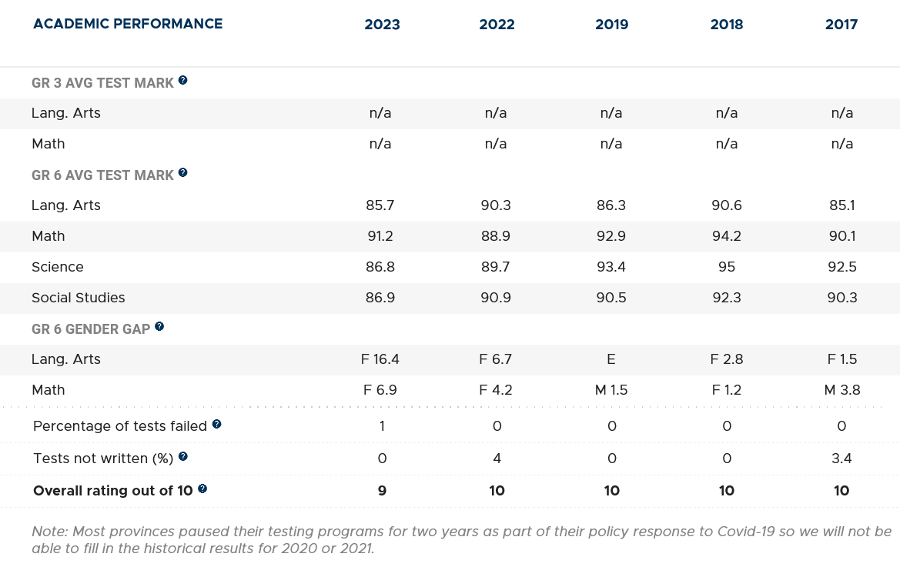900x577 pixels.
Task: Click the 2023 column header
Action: point(382,25)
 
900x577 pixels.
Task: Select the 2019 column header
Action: point(611,25)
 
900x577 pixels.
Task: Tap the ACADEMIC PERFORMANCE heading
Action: point(128,24)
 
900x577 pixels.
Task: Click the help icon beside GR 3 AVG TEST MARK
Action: point(183,80)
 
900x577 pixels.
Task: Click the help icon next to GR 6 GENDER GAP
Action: point(159,326)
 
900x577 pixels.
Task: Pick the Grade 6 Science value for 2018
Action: point(726,267)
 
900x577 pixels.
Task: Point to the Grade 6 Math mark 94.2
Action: point(726,236)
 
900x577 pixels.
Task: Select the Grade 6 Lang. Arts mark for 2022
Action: point(496,205)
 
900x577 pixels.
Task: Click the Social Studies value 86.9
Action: point(381,298)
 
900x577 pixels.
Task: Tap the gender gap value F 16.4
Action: point(381,359)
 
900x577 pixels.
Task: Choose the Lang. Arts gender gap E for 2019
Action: point(611,359)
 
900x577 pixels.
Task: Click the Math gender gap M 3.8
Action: point(841,390)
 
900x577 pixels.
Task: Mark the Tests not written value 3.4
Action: point(841,459)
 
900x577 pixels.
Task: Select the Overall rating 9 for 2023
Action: point(382,491)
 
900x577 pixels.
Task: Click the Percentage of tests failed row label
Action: point(120,426)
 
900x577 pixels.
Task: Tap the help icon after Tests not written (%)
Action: point(183,456)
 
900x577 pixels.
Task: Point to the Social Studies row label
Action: point(78,298)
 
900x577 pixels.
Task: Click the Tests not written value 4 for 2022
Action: point(497,459)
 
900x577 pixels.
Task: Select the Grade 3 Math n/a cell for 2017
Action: point(841,144)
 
